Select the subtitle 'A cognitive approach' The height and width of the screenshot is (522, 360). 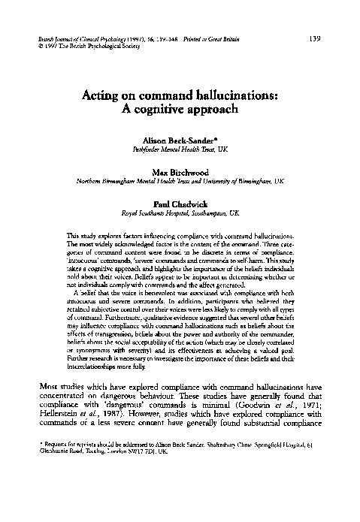180,110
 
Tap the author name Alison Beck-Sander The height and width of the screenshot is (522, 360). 180,140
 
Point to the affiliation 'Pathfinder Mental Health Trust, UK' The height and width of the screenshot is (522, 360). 180,150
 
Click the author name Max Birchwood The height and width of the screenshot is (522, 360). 180,171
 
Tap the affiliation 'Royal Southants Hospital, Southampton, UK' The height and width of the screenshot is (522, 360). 180,213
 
